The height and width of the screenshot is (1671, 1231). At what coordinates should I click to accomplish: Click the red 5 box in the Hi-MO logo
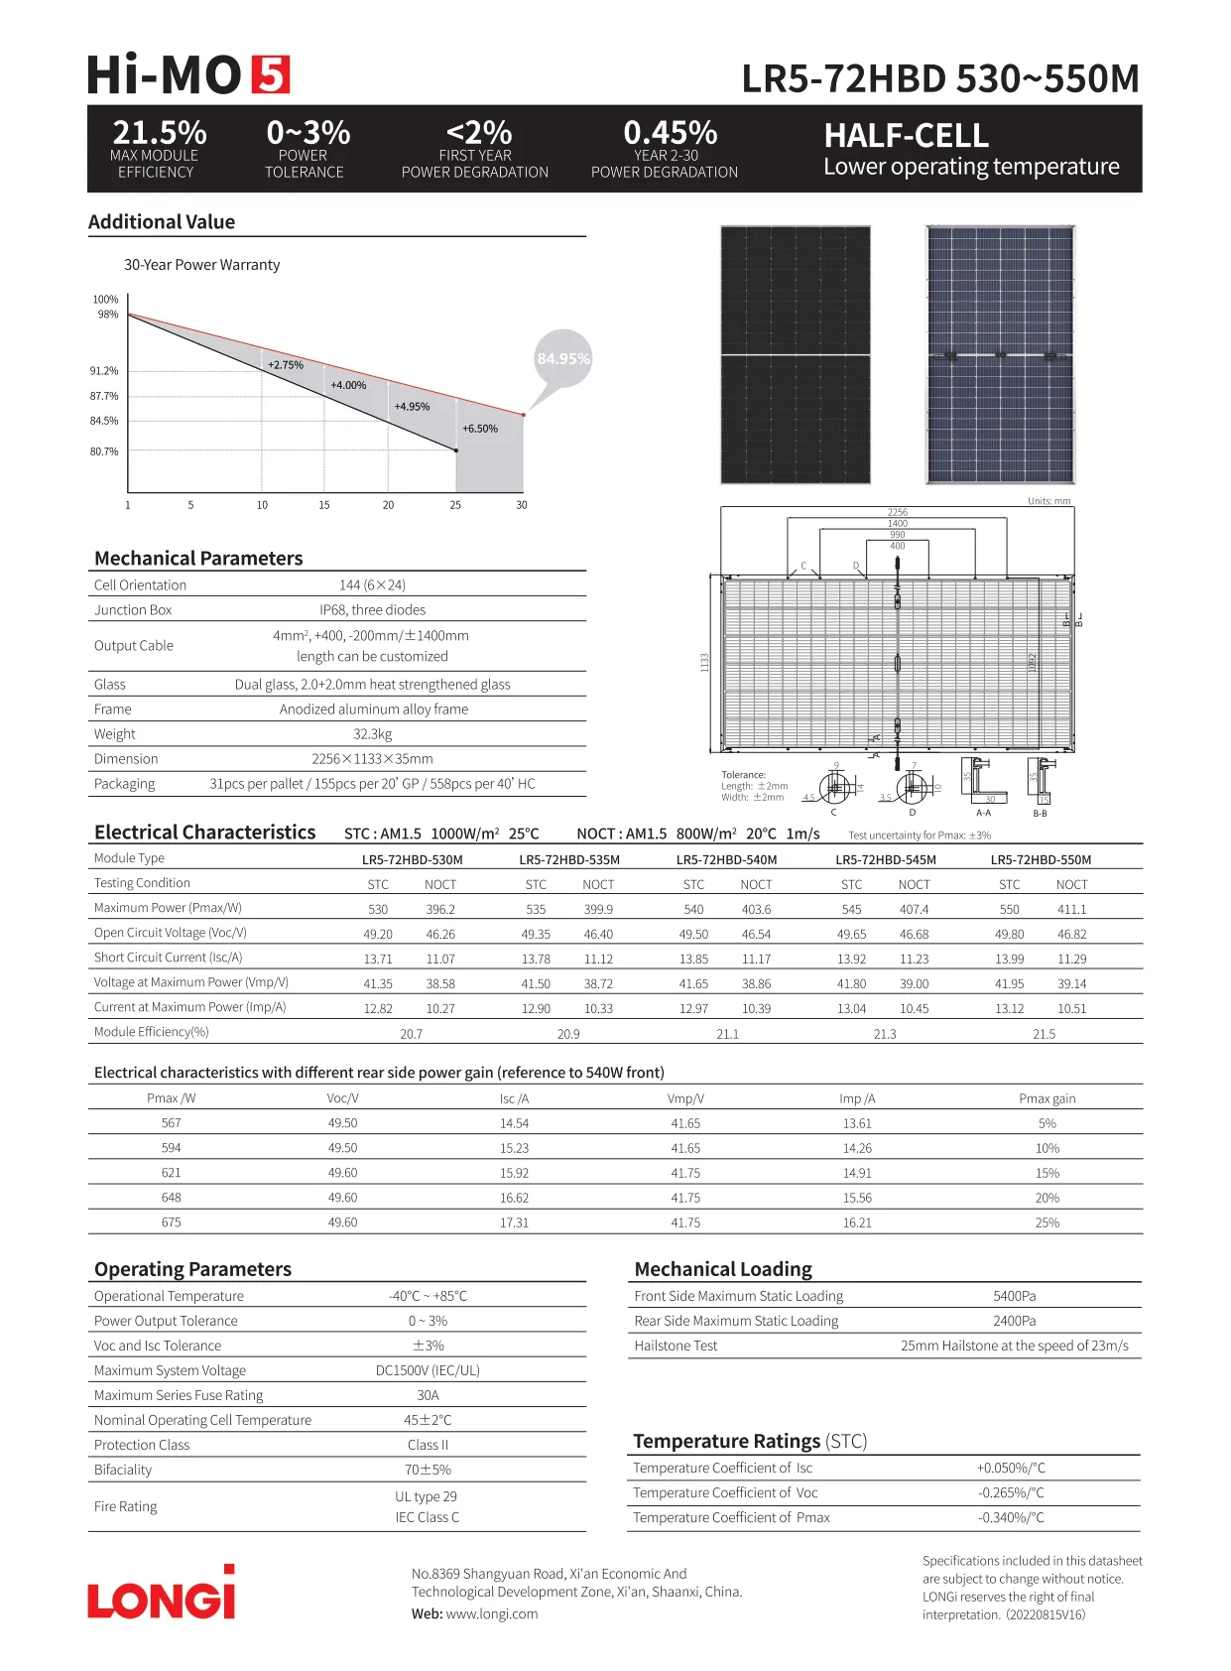tap(270, 75)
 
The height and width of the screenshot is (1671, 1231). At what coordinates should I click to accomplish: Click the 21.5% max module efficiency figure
tap(160, 133)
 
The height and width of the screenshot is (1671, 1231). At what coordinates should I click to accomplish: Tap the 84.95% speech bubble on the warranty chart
tap(562, 358)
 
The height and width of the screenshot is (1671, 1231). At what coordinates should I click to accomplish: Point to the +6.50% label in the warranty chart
tap(480, 429)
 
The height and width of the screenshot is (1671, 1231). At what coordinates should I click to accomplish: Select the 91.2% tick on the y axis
tap(104, 371)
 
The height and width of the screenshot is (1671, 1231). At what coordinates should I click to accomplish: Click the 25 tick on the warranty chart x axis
tap(455, 505)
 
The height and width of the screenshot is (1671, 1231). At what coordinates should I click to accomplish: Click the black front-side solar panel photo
tap(796, 354)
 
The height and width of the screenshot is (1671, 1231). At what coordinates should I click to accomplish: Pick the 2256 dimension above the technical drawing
tap(898, 512)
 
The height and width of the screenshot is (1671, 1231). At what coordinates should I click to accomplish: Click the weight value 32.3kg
tap(373, 734)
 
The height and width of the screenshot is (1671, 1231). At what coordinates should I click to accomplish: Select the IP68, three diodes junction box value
tap(373, 610)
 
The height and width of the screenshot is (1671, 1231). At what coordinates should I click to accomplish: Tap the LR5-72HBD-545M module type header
tap(886, 860)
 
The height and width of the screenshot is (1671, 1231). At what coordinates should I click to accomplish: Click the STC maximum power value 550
tap(1010, 909)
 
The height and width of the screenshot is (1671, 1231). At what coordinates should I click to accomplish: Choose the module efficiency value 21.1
tap(727, 1034)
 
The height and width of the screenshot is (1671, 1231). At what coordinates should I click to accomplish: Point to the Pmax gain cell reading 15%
tap(1047, 1173)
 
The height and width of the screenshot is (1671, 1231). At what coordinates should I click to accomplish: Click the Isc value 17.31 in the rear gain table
tap(514, 1222)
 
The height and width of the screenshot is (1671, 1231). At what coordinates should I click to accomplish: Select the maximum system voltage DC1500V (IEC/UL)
tap(428, 1370)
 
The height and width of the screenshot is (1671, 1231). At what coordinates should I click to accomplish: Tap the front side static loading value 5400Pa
tap(1015, 1296)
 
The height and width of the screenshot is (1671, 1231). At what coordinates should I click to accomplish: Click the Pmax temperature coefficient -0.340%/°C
tap(1011, 1517)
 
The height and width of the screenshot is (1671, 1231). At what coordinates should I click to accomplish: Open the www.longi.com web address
tap(492, 1613)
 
